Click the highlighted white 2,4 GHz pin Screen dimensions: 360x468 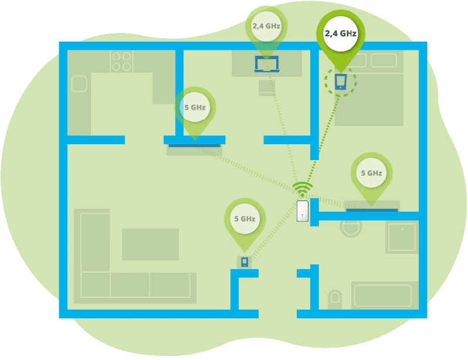[x=340, y=34]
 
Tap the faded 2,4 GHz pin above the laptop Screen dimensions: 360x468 [x=266, y=27]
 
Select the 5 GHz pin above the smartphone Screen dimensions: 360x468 [x=245, y=219]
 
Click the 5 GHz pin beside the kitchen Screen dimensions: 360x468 [x=195, y=108]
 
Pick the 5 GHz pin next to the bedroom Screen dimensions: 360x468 [x=371, y=174]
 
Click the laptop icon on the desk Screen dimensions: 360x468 [x=266, y=64]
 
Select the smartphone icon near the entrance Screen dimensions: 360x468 [x=245, y=261]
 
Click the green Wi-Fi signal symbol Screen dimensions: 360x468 [x=303, y=189]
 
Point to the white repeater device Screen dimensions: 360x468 [x=303, y=211]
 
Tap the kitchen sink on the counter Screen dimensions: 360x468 [x=79, y=83]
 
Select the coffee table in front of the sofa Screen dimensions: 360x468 [x=150, y=244]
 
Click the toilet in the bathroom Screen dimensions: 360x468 [x=334, y=298]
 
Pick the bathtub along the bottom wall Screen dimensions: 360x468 [x=384, y=294]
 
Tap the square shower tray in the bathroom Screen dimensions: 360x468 [x=401, y=237]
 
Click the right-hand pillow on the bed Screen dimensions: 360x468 [x=384, y=60]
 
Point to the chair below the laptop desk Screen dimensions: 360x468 [x=267, y=87]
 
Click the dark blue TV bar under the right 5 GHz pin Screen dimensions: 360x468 [x=372, y=209]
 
